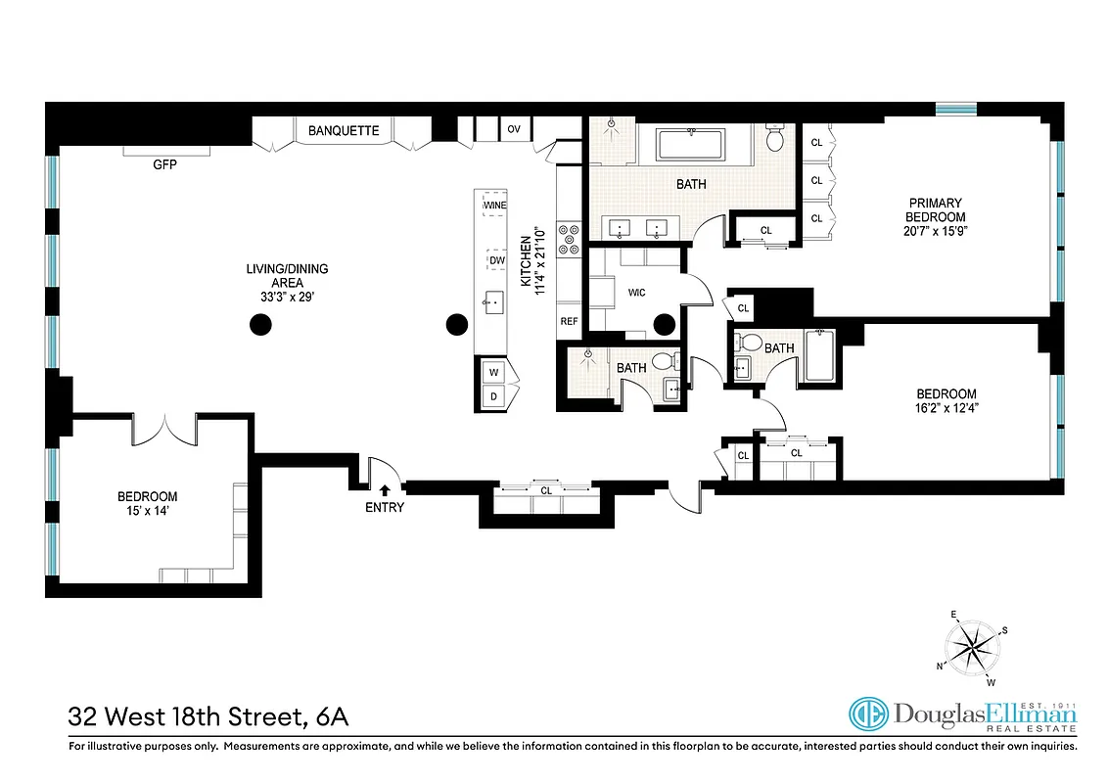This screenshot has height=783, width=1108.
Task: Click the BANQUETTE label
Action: click(344, 130)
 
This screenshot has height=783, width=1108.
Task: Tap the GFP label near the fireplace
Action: click(163, 164)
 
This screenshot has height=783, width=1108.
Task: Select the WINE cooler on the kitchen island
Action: click(494, 207)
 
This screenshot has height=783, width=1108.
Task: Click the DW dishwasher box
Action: click(496, 260)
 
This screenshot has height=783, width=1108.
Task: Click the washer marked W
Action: click(494, 372)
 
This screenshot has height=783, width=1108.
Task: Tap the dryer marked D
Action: click(494, 395)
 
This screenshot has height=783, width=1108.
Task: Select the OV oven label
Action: click(513, 129)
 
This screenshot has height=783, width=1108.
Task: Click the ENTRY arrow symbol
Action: click(385, 489)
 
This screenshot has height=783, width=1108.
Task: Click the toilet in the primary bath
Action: click(775, 140)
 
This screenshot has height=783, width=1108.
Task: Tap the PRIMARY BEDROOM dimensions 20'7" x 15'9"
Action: click(935, 231)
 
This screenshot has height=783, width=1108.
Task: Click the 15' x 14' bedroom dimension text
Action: click(147, 511)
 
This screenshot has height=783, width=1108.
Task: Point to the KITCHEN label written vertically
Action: click(526, 259)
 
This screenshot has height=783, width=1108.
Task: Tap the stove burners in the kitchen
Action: click(569, 240)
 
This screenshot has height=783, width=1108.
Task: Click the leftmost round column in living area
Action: click(260, 324)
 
